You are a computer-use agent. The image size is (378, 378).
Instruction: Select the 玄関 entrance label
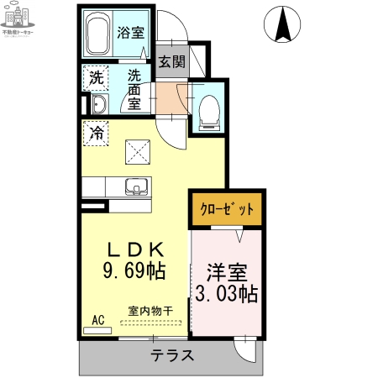171,61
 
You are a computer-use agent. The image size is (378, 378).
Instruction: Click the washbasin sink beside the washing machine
98,104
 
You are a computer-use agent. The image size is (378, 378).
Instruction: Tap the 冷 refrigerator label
97,133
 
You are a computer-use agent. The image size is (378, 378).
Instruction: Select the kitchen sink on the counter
135,186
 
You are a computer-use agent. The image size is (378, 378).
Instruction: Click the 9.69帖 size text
134,270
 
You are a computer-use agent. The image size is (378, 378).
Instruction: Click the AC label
97,320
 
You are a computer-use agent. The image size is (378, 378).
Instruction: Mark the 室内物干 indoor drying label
150,311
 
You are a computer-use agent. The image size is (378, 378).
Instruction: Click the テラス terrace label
172,355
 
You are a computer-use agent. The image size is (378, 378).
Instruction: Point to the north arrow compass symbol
284,24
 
